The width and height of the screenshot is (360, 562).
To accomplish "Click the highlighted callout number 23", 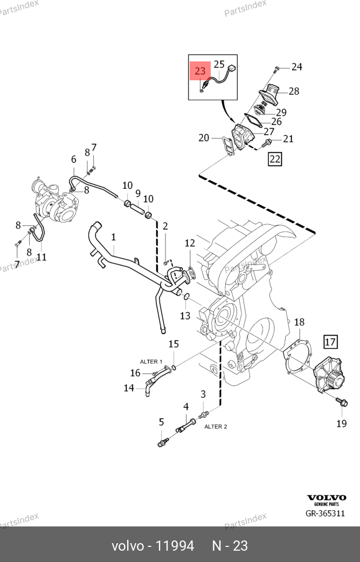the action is coord(200,71).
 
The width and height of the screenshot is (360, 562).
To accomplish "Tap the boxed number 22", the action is coord(275,159).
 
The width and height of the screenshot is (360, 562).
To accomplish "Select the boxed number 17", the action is coord(330,342).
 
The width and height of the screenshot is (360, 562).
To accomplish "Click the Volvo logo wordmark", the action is coord(326,497).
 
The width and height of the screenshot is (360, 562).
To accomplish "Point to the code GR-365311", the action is coord(325,514).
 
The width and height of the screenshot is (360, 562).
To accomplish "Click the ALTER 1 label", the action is coord(151,362).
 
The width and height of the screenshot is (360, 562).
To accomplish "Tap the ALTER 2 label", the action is coord(216,427).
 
